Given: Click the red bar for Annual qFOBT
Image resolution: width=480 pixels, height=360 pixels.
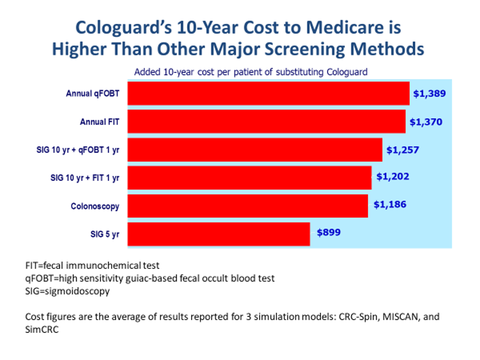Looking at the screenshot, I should (268, 93).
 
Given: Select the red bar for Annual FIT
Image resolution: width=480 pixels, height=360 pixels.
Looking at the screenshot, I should (266, 121).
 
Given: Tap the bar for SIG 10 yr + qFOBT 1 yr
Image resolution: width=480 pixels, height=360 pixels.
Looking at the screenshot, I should (255, 149).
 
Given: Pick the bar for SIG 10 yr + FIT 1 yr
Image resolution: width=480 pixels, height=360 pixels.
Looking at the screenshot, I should (249, 177).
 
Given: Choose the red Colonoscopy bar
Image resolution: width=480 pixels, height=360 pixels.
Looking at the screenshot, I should (247, 205).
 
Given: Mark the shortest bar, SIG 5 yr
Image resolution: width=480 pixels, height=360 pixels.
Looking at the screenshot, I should (218, 233).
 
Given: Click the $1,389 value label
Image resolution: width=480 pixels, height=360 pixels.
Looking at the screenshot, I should (429, 93).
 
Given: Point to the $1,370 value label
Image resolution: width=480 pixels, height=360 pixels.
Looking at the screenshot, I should (426, 121).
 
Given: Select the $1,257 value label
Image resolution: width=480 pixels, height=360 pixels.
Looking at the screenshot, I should (402, 149).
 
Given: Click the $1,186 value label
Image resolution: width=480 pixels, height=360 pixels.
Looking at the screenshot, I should (390, 204).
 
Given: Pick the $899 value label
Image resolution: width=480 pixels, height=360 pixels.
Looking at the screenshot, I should (328, 232).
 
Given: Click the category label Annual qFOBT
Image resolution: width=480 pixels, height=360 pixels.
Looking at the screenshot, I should (92, 93).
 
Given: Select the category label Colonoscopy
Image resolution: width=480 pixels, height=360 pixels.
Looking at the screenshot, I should (94, 206).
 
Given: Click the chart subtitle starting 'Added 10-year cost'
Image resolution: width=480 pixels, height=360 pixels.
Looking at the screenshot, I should (250, 71).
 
